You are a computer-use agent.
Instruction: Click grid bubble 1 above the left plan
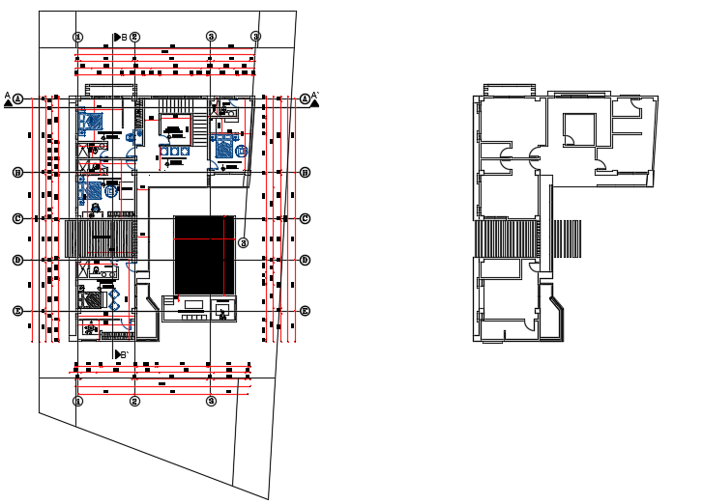click(x=78, y=37)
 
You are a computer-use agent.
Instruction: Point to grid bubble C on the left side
click(x=17, y=218)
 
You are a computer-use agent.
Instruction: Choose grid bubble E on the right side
click(x=305, y=311)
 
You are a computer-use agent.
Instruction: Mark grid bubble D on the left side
click(x=17, y=260)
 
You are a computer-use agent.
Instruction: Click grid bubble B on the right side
click(x=305, y=173)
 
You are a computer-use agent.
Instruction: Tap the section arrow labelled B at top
click(x=119, y=37)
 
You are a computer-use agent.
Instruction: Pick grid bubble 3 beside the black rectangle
click(x=244, y=242)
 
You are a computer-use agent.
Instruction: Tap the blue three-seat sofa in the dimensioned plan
click(x=175, y=151)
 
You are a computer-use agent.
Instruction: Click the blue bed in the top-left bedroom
click(x=91, y=122)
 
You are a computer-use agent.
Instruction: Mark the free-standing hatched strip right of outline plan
click(x=566, y=239)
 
